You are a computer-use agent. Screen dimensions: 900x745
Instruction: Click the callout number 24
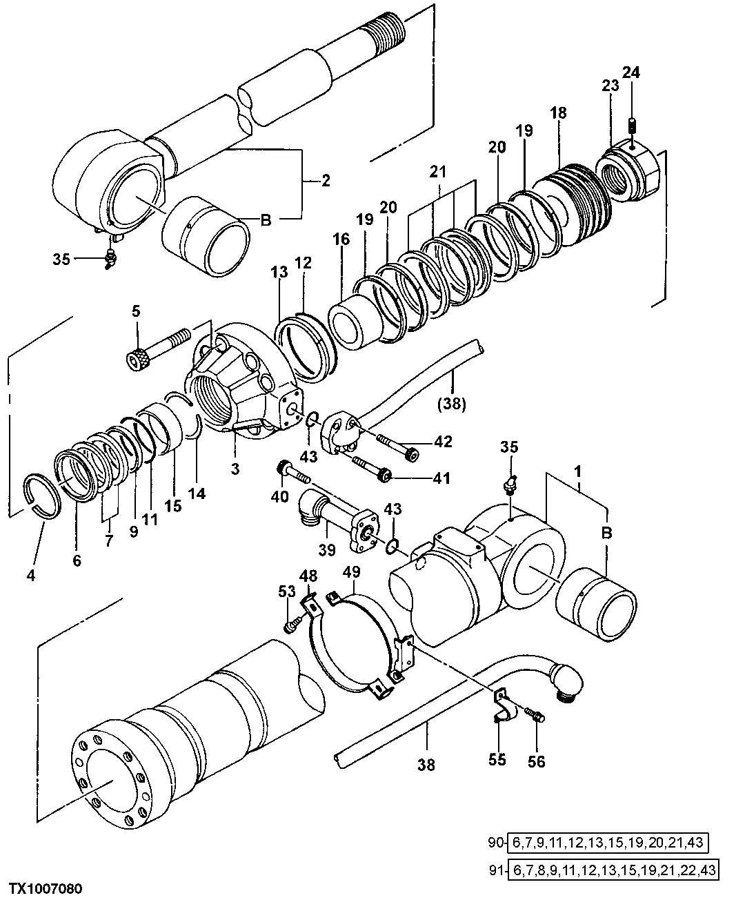(x=631, y=72)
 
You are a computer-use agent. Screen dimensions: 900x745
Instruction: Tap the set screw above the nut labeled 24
(x=631, y=126)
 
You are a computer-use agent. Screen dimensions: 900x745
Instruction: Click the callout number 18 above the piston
(x=558, y=112)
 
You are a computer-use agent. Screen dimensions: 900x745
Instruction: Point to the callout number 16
(x=342, y=239)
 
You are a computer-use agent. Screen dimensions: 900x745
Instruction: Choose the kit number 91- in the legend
(x=496, y=869)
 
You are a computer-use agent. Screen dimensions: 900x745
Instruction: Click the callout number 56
(x=536, y=761)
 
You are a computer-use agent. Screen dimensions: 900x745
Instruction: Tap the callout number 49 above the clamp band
(x=351, y=572)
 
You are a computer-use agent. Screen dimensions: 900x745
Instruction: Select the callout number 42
(x=444, y=442)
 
